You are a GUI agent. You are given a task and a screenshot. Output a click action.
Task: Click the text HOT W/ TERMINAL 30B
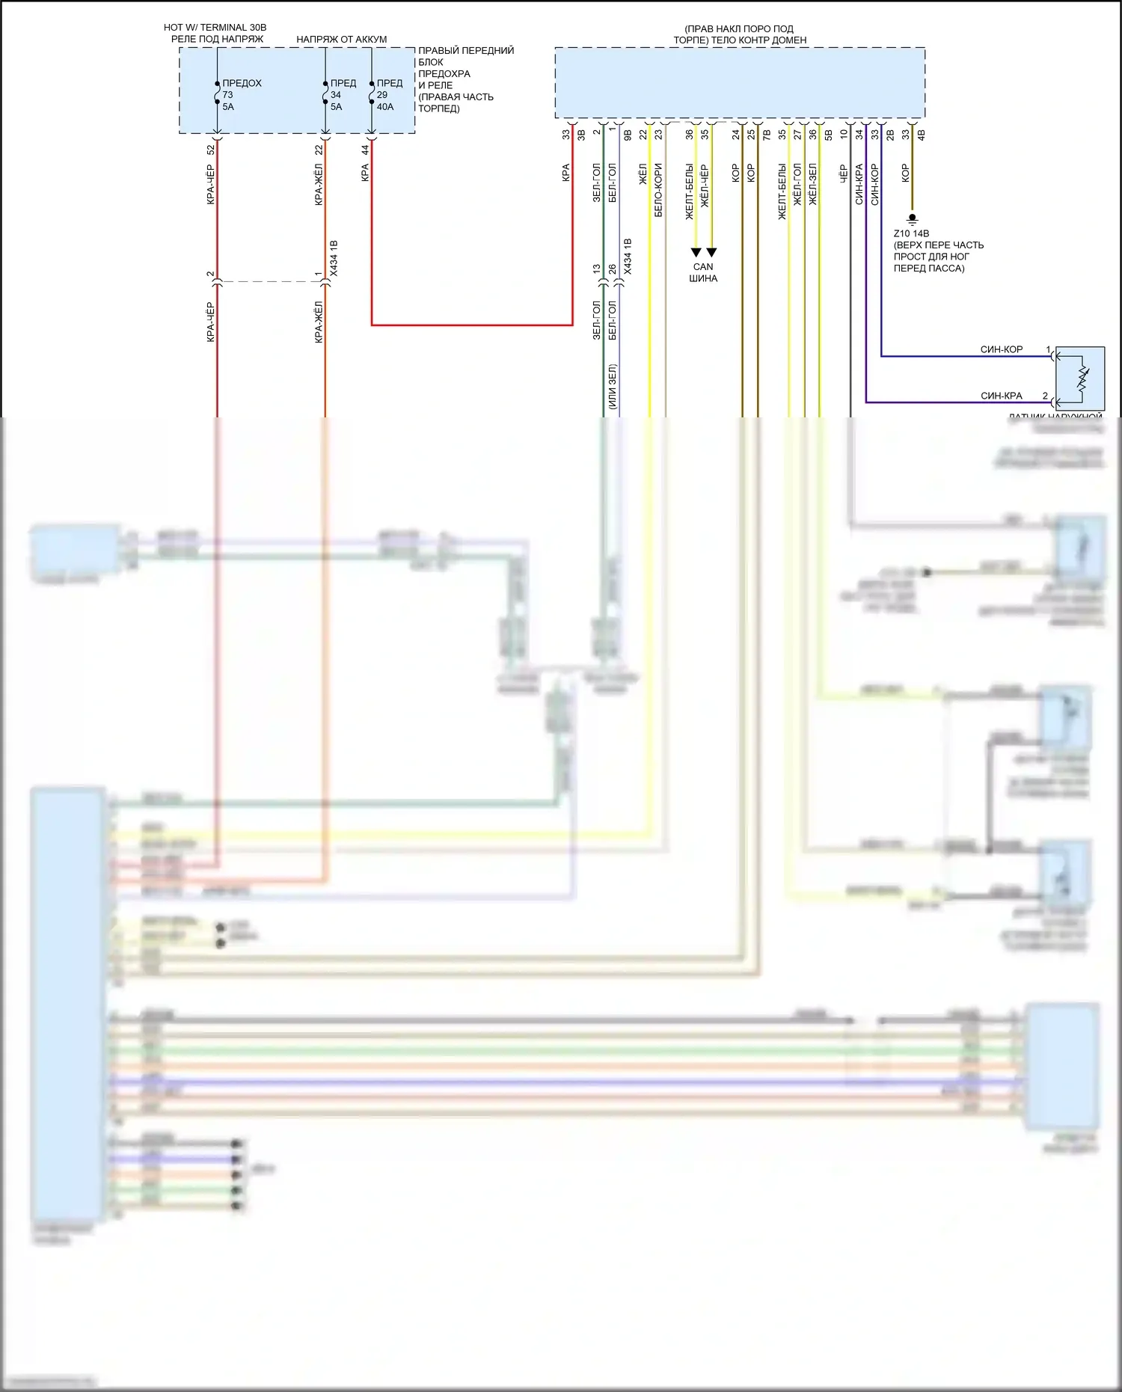click(215, 28)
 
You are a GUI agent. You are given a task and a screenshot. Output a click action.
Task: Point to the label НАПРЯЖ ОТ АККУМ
click(341, 40)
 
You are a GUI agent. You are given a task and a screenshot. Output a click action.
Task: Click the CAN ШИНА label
click(703, 272)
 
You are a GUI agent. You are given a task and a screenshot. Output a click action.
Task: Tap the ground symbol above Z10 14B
click(912, 219)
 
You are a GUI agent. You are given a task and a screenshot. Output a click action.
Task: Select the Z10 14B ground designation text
click(911, 233)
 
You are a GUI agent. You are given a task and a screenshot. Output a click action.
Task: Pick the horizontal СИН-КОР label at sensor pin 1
click(1001, 349)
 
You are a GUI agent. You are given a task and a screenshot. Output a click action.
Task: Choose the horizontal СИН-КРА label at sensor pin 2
click(1001, 396)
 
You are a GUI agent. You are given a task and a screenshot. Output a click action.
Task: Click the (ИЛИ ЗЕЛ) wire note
click(612, 386)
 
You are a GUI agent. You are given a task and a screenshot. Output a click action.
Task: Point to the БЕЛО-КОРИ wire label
click(658, 190)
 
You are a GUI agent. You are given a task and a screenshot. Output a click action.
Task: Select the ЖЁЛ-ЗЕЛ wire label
click(812, 185)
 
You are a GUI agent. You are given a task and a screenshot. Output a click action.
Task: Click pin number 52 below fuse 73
click(211, 150)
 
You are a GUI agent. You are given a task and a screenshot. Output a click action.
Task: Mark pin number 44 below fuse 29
click(365, 150)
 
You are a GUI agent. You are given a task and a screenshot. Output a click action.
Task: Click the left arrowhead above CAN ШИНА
click(696, 252)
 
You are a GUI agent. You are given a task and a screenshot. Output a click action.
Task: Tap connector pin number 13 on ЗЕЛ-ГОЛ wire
click(597, 269)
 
